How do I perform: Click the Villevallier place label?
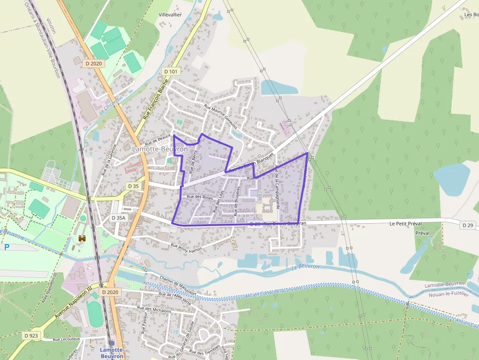[x=171, y=15]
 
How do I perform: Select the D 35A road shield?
[x=119, y=218]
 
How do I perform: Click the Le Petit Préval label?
[x=406, y=224]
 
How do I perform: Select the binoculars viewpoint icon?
[x=82, y=238]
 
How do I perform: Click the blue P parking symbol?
[x=7, y=247]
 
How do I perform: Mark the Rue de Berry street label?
[x=193, y=160]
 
